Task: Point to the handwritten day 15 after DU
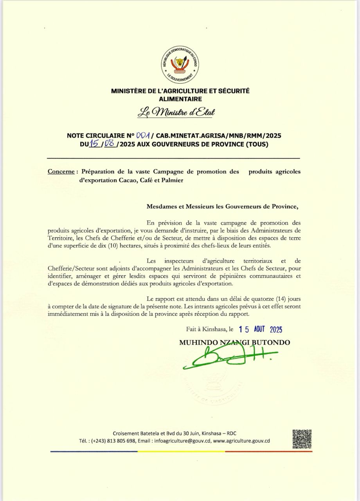tap(94, 144)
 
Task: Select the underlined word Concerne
tap(61, 172)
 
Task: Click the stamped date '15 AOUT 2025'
tap(263, 330)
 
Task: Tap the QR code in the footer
tap(302, 439)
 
